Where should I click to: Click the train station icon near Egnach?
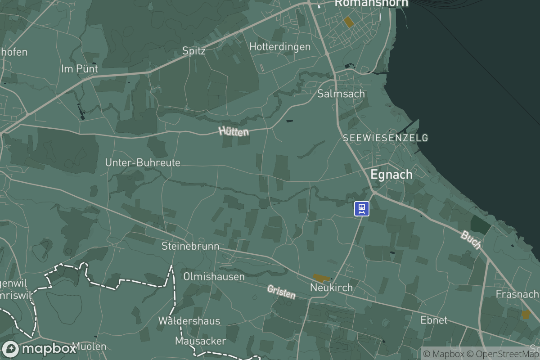[x=362, y=208]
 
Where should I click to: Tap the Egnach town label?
[x=391, y=175]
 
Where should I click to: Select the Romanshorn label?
[x=371, y=3]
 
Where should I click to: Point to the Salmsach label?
[x=341, y=94]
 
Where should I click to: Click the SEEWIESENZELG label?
[x=385, y=138]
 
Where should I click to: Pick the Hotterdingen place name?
[x=280, y=47]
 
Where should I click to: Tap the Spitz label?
[x=194, y=51]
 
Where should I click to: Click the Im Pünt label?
[x=79, y=69]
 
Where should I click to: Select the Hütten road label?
[x=234, y=131]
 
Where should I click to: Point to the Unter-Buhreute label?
[x=143, y=162]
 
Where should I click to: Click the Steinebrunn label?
[x=190, y=246]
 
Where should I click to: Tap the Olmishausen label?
[x=214, y=276]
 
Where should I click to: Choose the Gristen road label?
[x=281, y=292]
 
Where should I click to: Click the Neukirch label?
[x=332, y=287]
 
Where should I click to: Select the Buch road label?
[x=471, y=240]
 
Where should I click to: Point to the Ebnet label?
[x=434, y=320]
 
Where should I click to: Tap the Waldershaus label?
[x=189, y=321]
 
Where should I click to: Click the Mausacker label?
[x=200, y=341]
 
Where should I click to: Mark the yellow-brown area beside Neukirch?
[x=321, y=279]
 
